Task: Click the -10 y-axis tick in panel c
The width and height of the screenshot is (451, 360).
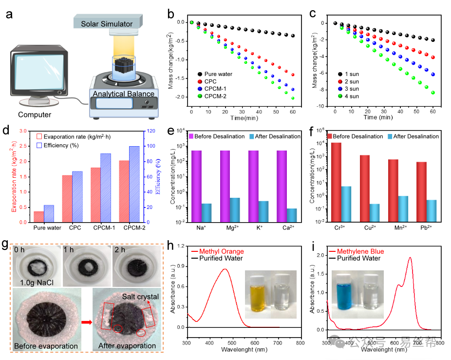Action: click(321, 106)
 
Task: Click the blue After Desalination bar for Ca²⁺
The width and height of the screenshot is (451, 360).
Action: click(292, 215)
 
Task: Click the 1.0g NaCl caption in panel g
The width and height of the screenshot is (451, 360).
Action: click(34, 282)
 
